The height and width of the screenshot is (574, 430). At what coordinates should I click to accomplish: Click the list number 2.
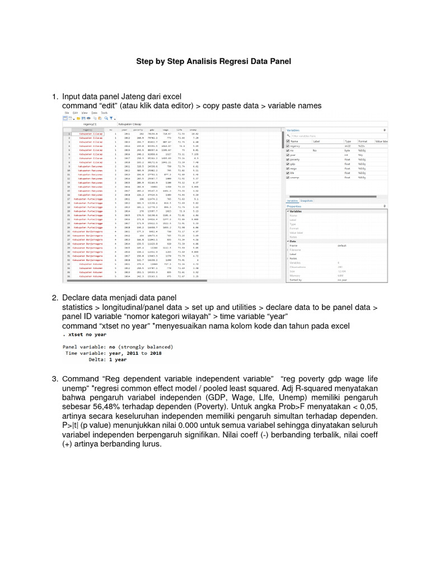click(55, 298)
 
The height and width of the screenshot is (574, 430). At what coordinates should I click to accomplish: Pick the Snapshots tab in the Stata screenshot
click(306, 200)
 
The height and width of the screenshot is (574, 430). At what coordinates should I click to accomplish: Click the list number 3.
click(55, 378)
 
